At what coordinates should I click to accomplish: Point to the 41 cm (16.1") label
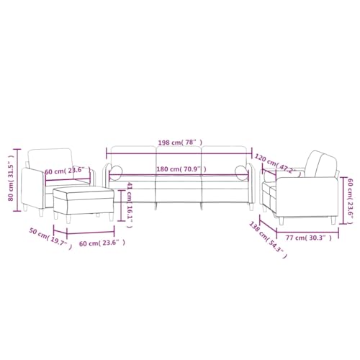(x=130, y=204)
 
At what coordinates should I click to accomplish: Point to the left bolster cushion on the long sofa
(x=117, y=171)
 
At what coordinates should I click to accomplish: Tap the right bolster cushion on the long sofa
(x=241, y=171)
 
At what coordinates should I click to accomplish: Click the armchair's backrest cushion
(x=50, y=158)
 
